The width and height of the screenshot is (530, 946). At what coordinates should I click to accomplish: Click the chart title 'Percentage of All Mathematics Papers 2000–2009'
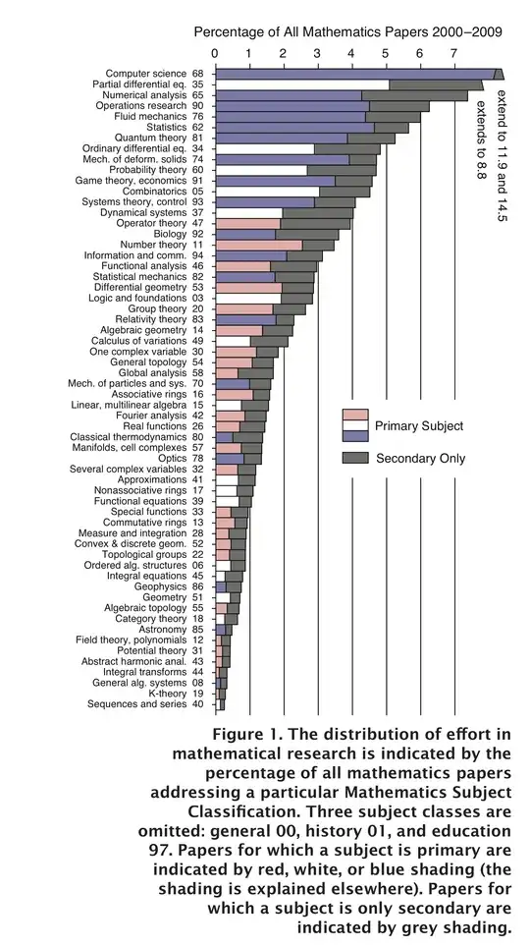(x=348, y=32)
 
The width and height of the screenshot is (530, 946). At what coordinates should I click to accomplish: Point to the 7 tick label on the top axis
(x=453, y=53)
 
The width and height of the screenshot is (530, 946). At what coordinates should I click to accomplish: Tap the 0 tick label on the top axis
(x=215, y=53)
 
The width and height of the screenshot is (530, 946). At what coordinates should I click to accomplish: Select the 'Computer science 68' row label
(x=154, y=74)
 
